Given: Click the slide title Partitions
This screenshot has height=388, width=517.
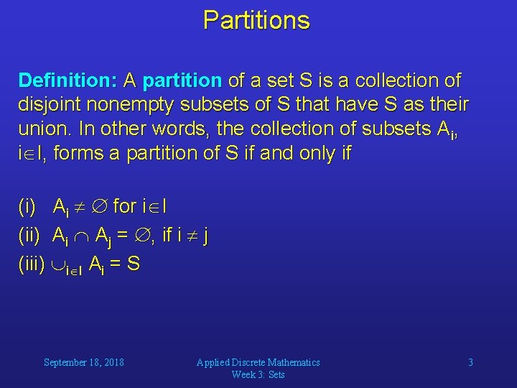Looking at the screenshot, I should click(x=256, y=19).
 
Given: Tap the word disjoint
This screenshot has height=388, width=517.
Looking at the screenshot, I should click(x=50, y=104).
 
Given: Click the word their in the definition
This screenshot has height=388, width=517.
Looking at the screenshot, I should click(x=447, y=104).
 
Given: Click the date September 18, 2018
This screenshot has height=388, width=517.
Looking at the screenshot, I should click(x=83, y=362).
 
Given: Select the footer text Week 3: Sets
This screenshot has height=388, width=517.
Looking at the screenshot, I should click(x=258, y=374).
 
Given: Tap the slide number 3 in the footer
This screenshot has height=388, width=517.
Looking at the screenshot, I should click(x=470, y=362).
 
